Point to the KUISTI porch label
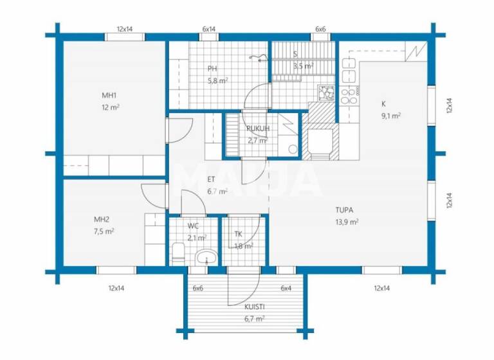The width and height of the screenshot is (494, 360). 255,307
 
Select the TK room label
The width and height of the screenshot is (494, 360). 239,235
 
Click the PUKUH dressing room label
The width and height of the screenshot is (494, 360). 257,129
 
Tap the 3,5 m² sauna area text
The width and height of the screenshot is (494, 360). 302,66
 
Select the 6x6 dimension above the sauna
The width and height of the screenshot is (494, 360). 320,29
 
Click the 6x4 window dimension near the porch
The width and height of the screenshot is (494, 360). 286,288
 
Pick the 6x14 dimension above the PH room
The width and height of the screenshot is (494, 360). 208,29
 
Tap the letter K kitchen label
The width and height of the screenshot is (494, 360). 383,104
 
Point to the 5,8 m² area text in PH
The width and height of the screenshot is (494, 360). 217,80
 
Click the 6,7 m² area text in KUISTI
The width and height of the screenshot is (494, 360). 255,318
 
